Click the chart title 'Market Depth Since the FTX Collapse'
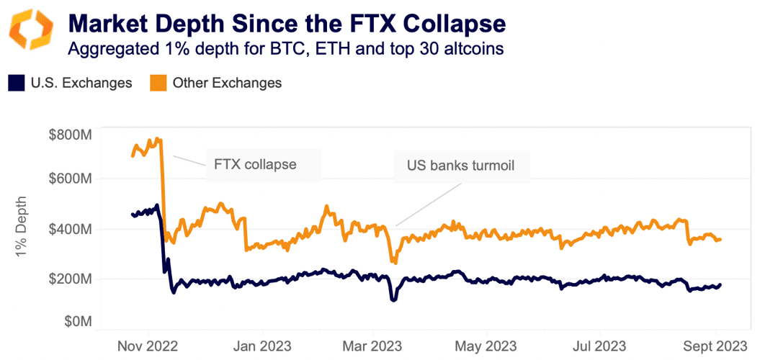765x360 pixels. [287, 23]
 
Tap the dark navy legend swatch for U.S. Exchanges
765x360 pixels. [17, 83]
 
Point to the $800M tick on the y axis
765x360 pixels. [69, 135]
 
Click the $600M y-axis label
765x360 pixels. [69, 179]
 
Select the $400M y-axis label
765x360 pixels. [69, 230]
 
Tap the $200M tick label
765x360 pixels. [69, 279]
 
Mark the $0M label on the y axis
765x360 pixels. [75, 321]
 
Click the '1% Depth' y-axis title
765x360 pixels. [21, 228]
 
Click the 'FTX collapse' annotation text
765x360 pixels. [255, 164]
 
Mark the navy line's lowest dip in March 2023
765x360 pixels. [393, 300]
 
